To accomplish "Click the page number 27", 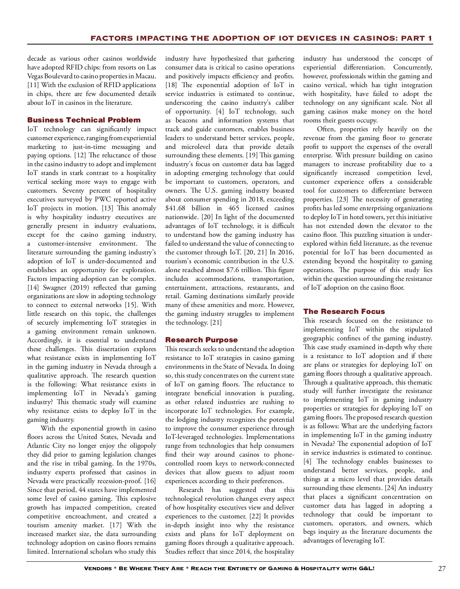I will [442, 569].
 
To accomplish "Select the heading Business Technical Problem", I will [84, 120].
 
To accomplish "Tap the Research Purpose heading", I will [201, 340].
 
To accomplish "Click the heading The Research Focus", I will [344, 312].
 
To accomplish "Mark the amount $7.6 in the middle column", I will [233, 270].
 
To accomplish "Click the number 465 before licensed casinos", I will [233, 208].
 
